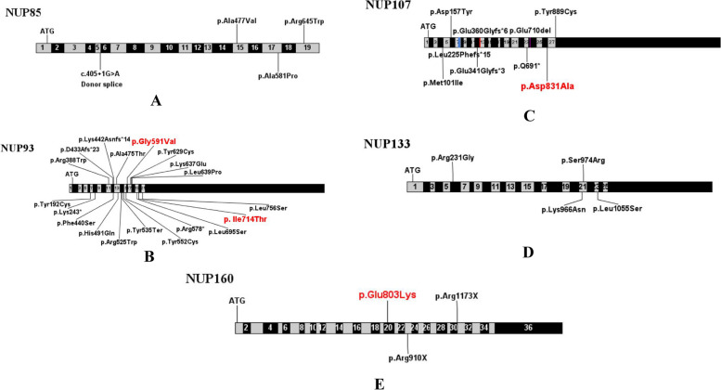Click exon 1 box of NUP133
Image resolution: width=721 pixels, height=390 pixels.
pyautogui.click(x=413, y=187)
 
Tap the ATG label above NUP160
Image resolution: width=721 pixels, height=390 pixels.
pyautogui.click(x=238, y=301)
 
